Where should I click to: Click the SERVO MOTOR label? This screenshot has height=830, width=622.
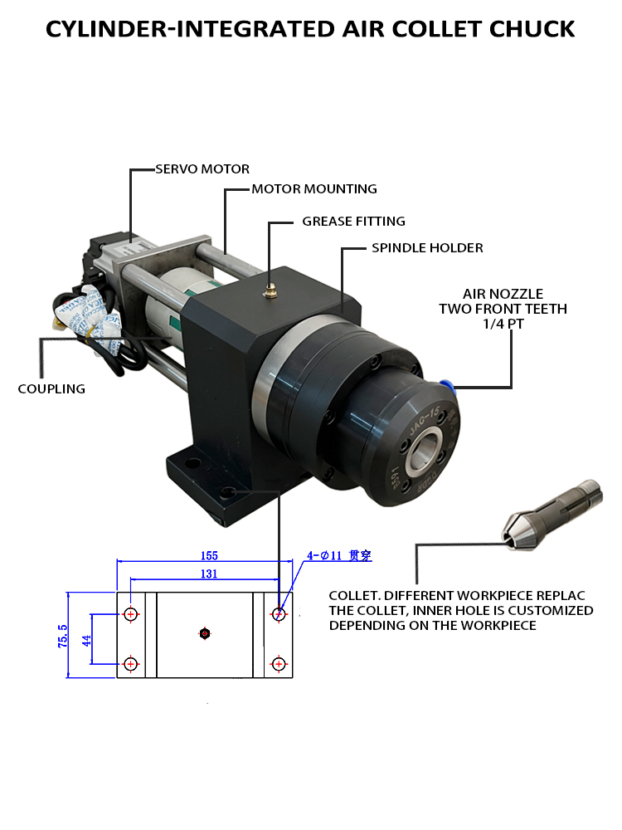point(202,169)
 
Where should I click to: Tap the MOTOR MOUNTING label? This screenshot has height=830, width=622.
point(314,189)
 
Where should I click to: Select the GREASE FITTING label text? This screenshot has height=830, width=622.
point(353,222)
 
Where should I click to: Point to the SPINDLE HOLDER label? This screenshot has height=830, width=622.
point(427,248)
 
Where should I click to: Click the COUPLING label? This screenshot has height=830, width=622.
point(51,388)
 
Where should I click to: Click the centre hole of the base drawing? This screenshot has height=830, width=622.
point(205,634)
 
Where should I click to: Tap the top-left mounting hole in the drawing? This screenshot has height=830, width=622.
point(131,615)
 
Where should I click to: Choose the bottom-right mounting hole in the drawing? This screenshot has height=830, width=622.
point(278,664)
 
